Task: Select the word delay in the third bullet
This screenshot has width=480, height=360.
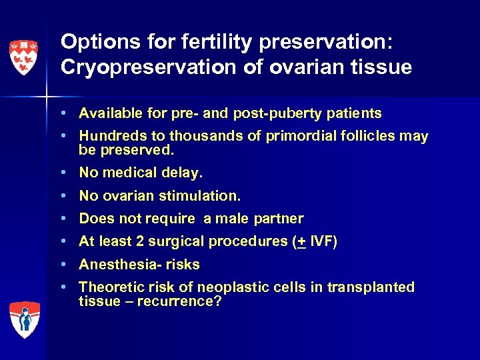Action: (x=183, y=173)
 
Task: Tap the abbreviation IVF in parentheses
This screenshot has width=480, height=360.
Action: (x=323, y=241)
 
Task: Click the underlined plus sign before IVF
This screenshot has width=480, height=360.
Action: (x=302, y=241)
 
